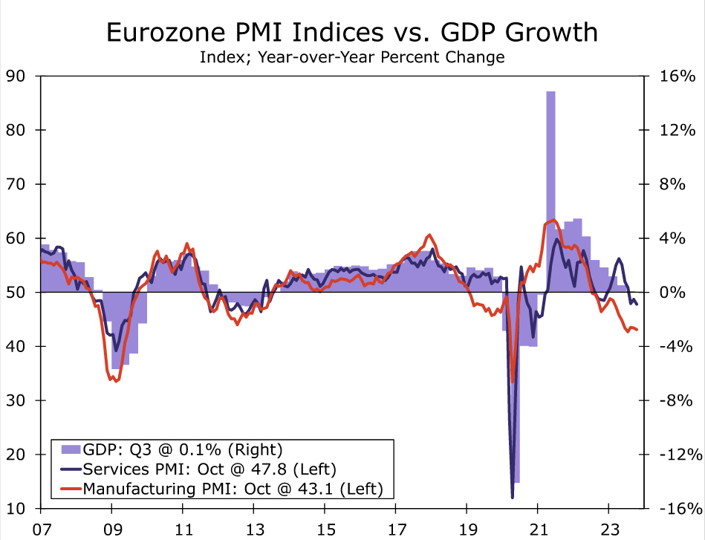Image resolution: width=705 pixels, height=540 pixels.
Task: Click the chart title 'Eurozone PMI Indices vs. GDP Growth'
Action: point(352,32)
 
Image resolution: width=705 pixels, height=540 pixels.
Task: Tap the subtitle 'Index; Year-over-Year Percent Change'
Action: point(352,56)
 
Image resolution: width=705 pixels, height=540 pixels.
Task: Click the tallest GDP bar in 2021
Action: point(550,149)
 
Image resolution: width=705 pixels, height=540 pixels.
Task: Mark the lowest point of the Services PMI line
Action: point(513,497)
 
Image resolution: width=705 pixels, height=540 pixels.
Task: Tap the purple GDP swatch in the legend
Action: point(70,449)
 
